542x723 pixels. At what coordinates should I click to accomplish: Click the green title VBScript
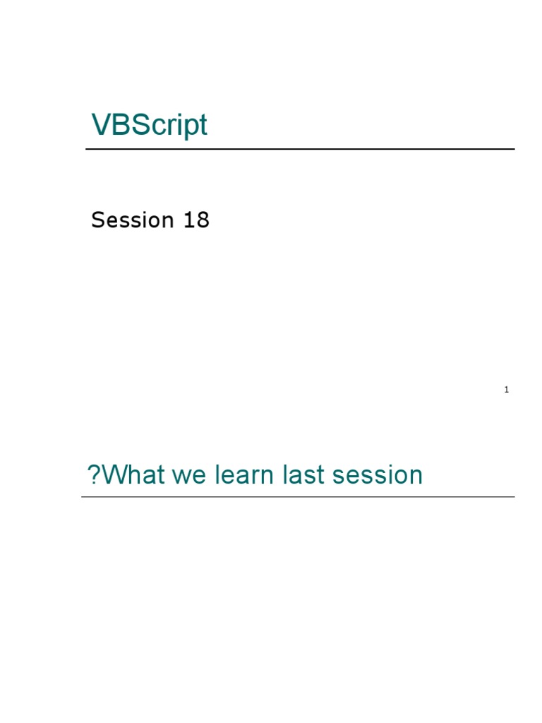coord(150,125)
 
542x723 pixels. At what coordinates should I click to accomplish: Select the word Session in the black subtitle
coord(132,220)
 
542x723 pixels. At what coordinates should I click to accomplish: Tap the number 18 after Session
coord(196,220)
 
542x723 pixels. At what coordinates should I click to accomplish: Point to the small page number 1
coord(507,390)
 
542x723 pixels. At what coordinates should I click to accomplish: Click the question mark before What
coord(94,474)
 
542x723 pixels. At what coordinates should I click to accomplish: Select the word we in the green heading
coord(189,477)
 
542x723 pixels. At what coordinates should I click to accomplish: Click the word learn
coord(244,474)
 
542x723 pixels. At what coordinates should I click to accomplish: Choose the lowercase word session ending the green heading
coord(378,475)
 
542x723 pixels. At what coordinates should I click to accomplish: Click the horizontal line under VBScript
coord(300,149)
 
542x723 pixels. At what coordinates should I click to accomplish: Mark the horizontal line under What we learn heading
coord(298,496)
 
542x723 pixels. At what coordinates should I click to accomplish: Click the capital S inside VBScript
coord(140,124)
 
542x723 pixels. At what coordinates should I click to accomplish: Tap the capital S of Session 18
coord(98,220)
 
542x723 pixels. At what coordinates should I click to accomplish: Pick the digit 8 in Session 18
coord(203,220)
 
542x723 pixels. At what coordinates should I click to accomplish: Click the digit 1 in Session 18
coord(188,220)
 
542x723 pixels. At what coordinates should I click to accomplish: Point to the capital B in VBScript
coord(121,124)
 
